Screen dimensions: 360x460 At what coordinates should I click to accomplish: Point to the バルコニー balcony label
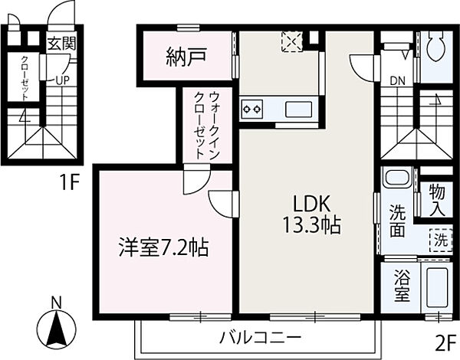coord(258,336)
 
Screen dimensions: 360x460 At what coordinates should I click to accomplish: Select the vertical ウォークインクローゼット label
coord(207,126)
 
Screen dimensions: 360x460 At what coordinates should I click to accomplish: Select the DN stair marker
coord(397,79)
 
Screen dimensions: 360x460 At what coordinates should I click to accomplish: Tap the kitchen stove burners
coord(251,109)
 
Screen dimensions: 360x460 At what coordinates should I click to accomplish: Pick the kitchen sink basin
coord(300,109)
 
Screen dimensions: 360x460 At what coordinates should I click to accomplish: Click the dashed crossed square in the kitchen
coord(291,41)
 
